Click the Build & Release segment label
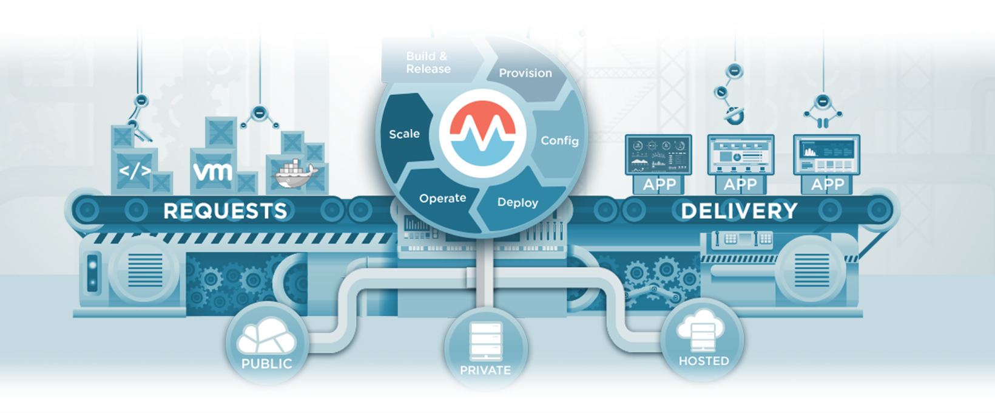428,63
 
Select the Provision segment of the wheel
525,73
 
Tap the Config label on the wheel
559,140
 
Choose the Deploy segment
518,202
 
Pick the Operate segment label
442,198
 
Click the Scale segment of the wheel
404,134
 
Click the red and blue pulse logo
482,133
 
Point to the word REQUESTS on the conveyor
225,211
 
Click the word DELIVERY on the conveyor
739,211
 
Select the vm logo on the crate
213,172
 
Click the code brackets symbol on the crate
135,171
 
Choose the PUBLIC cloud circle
266,343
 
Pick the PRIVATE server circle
485,349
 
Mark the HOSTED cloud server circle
703,340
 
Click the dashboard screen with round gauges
658,155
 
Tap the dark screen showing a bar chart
827,155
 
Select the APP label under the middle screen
740,184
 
